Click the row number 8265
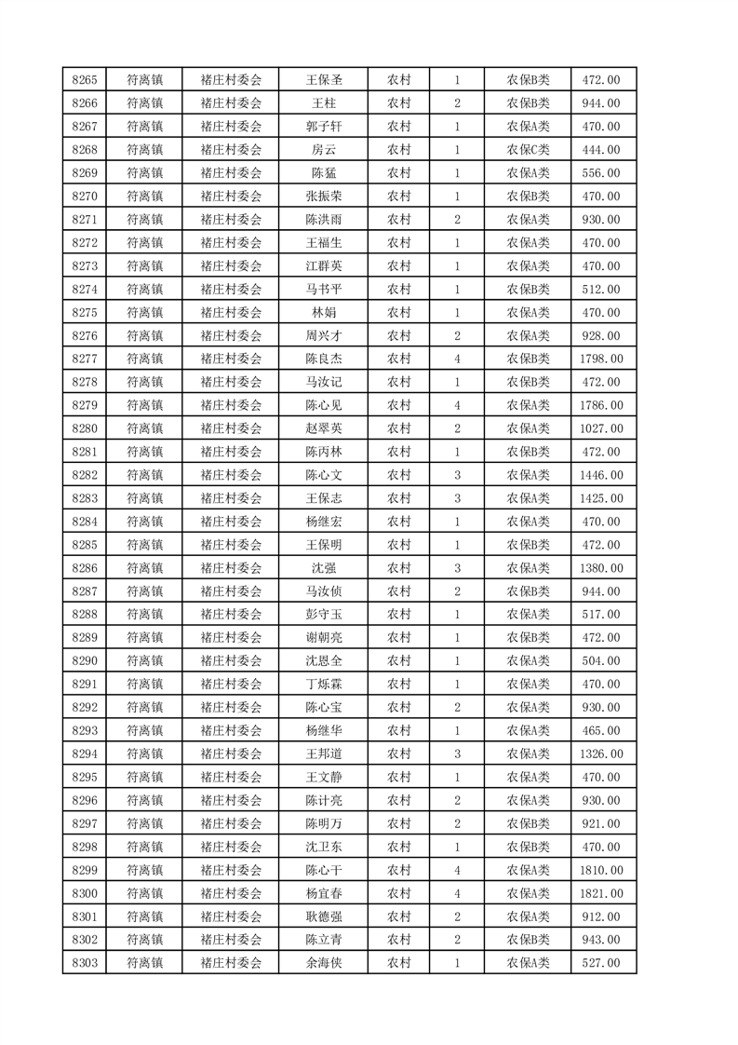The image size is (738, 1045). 85,80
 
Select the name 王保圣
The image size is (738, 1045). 324,80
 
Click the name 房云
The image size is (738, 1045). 324,150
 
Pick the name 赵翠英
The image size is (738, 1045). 324,428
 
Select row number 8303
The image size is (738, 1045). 85,963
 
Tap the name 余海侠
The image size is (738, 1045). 324,963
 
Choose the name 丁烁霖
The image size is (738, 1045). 324,685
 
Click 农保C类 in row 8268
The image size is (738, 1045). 528,150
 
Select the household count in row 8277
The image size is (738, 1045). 457,359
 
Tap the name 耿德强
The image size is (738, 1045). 324,916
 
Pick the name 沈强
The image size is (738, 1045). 324,568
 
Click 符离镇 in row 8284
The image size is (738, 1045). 144,522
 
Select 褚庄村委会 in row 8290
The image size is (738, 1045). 232,661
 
